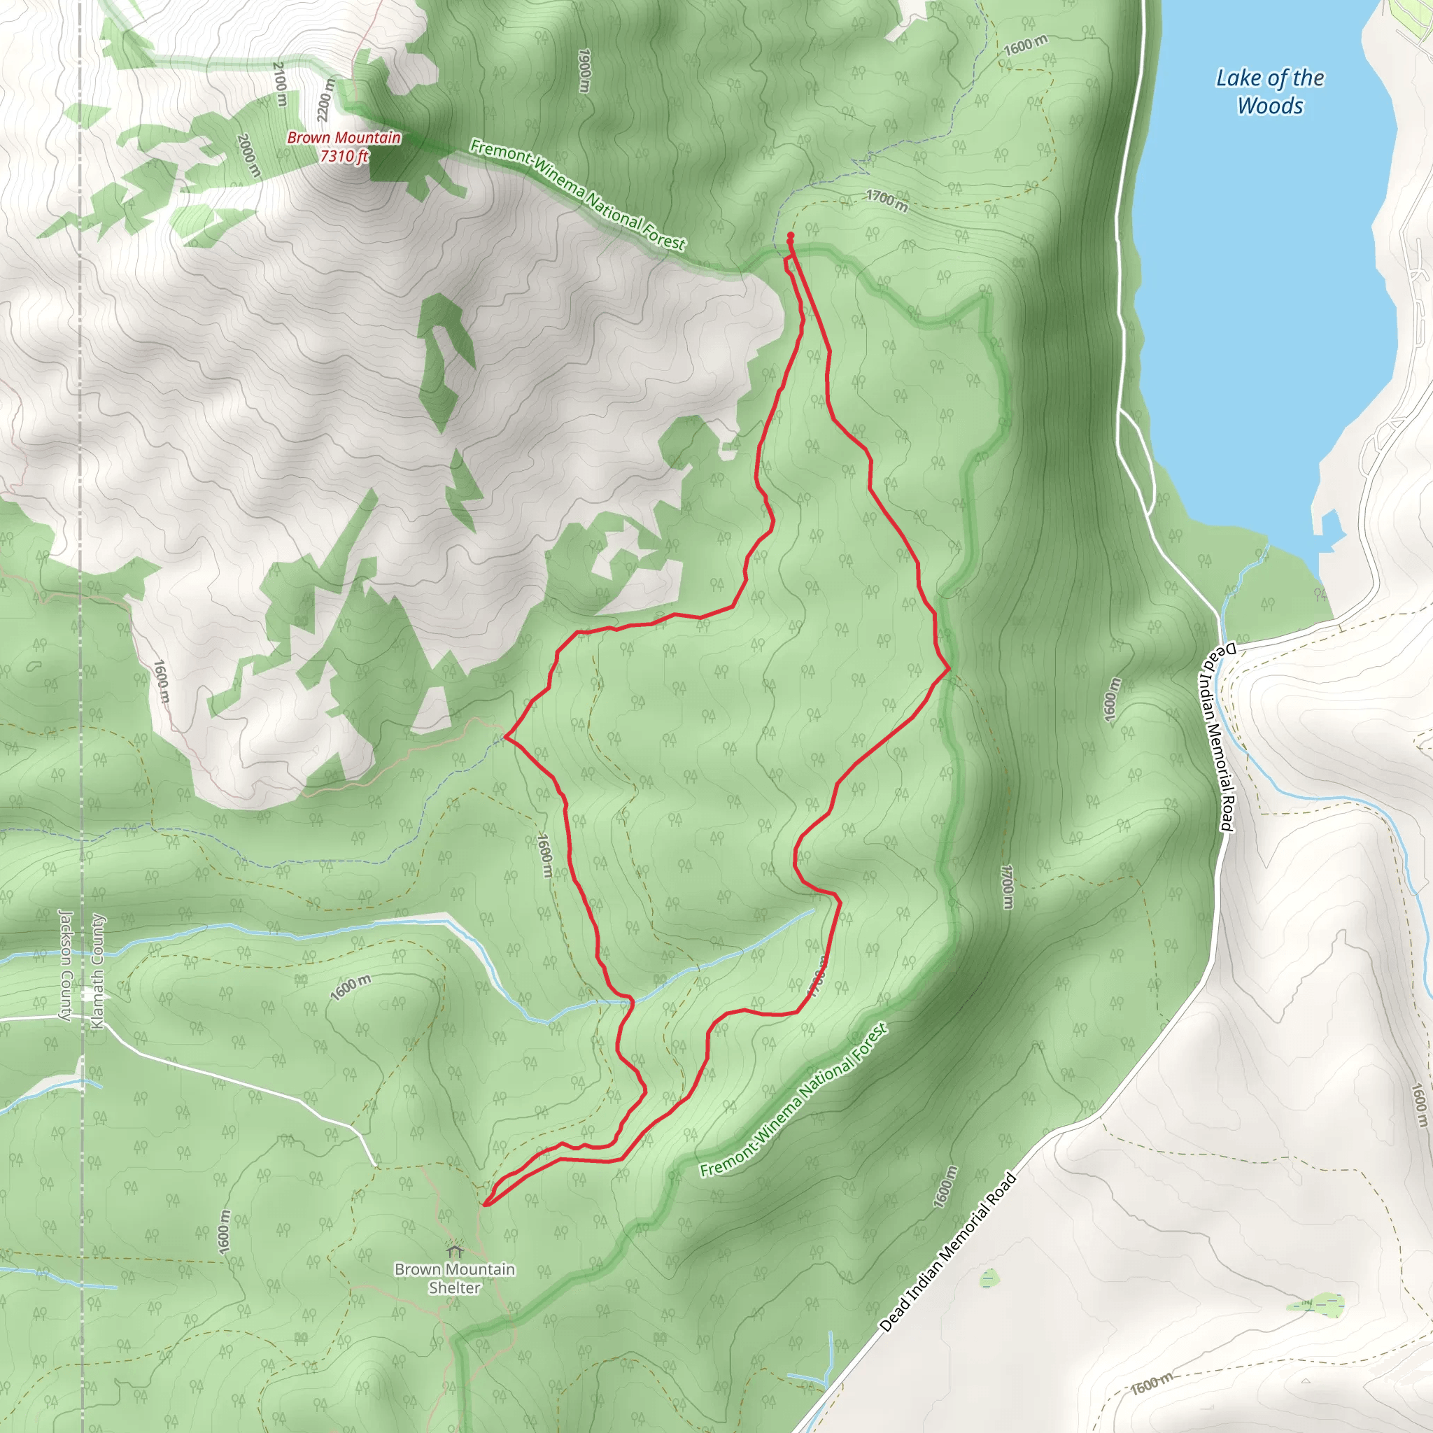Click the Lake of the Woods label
coord(1270,92)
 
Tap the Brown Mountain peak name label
coord(344,137)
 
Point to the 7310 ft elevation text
coord(344,156)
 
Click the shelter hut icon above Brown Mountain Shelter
coord(456,1250)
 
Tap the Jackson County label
coord(64,964)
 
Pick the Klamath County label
coord(97,972)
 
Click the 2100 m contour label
coord(280,84)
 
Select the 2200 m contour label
coord(325,98)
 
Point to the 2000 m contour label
coord(249,155)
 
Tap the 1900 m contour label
coord(584,71)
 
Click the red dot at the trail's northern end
coord(791,236)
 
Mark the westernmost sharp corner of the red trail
coord(505,737)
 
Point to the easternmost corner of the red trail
coord(949,668)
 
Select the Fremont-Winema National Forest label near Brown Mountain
coord(577,195)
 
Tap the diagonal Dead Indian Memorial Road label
coord(947,1252)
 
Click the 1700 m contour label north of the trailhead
coord(887,200)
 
